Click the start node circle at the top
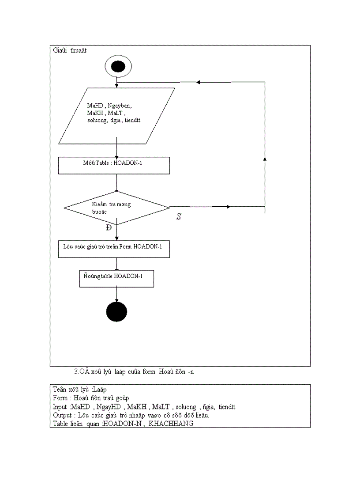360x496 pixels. click(x=118, y=67)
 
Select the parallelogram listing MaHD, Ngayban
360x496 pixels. click(x=116, y=116)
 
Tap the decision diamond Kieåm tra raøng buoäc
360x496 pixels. click(x=116, y=208)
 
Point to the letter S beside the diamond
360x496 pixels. click(x=179, y=217)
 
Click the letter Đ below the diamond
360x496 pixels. click(x=109, y=228)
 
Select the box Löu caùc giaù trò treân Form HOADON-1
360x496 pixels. click(x=114, y=249)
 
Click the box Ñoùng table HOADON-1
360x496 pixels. click(x=116, y=279)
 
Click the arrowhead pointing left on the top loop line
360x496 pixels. click(x=199, y=82)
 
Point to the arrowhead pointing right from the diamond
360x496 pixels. click(x=228, y=207)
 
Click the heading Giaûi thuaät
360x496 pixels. click(x=70, y=50)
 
